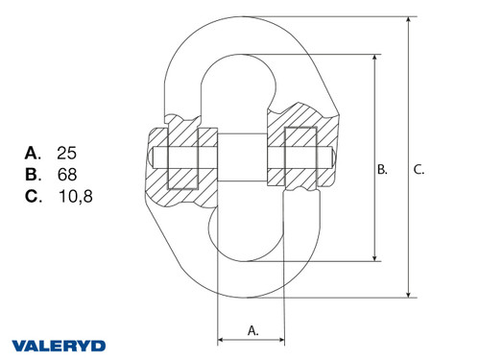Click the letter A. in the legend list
tap(33, 152)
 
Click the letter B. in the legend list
tap(33, 174)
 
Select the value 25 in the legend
tap(67, 152)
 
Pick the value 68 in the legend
tap(67, 174)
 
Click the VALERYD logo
tap(60, 344)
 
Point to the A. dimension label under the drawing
tap(252, 329)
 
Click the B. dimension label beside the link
tap(381, 170)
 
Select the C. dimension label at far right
tap(419, 170)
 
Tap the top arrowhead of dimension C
tap(410, 21)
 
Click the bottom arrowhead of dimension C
tap(410, 295)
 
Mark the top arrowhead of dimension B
tap(373, 58)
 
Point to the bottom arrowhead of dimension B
tap(373, 257)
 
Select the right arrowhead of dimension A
tap(282, 339)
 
